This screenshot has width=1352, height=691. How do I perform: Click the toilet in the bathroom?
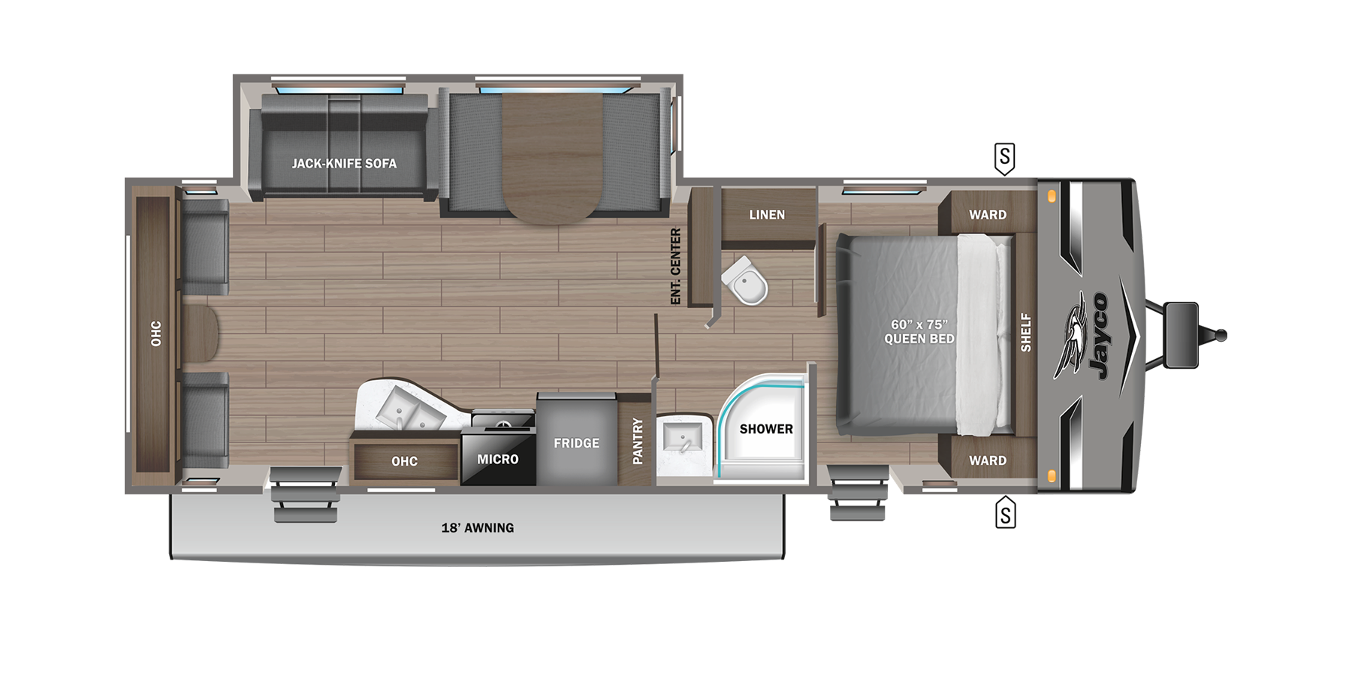click(x=746, y=282)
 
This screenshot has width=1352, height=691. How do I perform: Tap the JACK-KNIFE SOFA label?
click(x=344, y=163)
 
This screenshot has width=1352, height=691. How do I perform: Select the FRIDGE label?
click(x=576, y=443)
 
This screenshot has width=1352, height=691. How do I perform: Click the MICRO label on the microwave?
click(x=497, y=459)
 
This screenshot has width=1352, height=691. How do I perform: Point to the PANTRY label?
click(x=638, y=441)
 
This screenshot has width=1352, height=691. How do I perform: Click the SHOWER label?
click(x=766, y=429)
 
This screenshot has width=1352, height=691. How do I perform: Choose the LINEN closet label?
click(x=767, y=215)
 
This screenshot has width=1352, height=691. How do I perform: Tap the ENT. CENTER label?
click(x=675, y=267)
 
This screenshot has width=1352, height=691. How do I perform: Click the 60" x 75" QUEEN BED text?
click(x=919, y=331)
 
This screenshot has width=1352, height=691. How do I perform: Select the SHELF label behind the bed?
click(x=1026, y=332)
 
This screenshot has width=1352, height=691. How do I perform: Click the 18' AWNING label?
click(x=478, y=528)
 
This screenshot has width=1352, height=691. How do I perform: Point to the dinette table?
click(x=553, y=158)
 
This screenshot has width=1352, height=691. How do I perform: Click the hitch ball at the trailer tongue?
click(x=1221, y=335)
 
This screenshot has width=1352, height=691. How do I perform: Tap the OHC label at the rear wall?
click(x=155, y=333)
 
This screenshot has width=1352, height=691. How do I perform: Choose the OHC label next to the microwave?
click(x=404, y=461)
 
